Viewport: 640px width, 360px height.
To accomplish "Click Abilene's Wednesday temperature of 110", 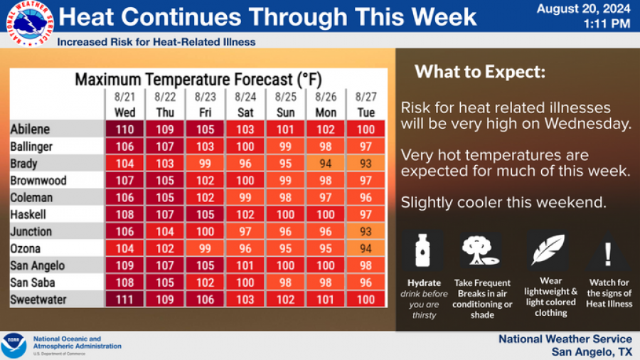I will click(x=124, y=129).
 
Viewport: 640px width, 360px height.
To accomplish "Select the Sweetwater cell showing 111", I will click(x=124, y=300).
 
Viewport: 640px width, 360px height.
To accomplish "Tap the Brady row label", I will click(x=26, y=164).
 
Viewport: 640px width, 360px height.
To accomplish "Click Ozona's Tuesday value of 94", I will click(x=365, y=249).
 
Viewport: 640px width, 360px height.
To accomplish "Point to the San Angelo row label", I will click(x=37, y=266).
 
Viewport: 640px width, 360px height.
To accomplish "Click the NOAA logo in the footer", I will click(x=14, y=345).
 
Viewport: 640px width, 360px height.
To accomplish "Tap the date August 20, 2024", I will click(x=583, y=9).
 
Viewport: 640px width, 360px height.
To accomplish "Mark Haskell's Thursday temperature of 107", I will click(x=164, y=215).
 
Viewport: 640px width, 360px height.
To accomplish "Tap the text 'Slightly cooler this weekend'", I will click(x=503, y=202).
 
